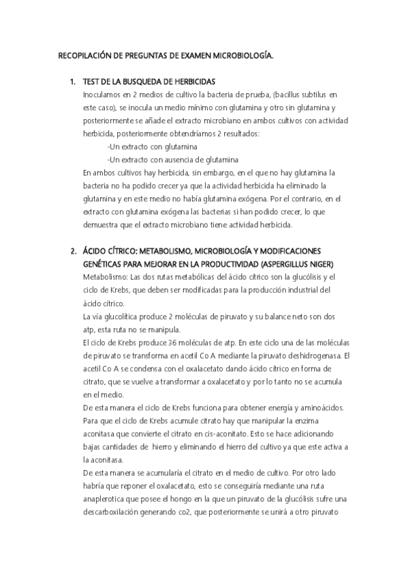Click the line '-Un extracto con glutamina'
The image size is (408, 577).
coord(153,146)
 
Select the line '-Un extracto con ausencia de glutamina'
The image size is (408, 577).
coord(173,159)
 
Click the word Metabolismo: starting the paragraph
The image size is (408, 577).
coord(104,277)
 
